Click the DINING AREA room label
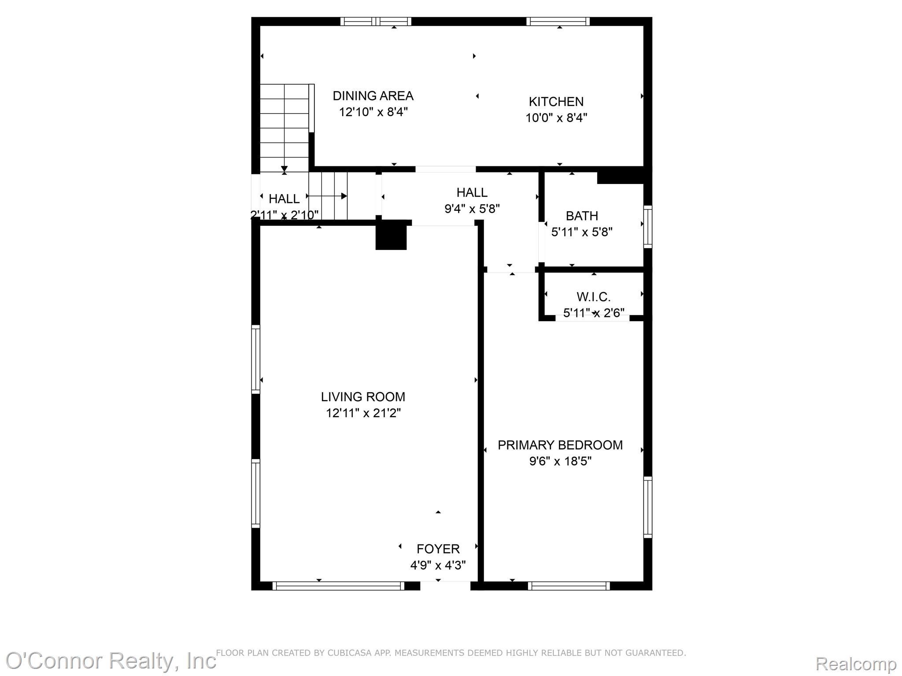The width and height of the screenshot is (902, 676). [373, 96]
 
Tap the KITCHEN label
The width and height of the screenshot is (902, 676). [556, 102]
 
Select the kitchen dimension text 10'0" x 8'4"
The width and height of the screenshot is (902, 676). [556, 118]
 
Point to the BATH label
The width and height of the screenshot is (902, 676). [582, 216]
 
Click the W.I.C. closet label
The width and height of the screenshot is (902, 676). [594, 297]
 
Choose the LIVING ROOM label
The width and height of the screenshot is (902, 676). [363, 397]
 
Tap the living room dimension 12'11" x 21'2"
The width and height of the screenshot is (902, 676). [363, 413]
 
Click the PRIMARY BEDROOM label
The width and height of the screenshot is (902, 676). [560, 445]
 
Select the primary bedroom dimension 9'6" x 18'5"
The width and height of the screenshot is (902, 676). [560, 461]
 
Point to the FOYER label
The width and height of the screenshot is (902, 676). [438, 549]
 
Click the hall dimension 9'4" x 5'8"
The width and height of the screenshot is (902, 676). [472, 209]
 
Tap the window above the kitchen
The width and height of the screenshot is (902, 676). [558, 21]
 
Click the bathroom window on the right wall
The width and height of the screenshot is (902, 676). [647, 226]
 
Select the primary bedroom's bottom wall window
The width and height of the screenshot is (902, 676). [569, 586]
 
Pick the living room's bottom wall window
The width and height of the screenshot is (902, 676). [338, 586]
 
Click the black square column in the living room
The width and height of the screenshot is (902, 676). [391, 235]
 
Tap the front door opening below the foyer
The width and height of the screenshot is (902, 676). [445, 586]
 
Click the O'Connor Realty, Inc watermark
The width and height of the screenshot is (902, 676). [111, 661]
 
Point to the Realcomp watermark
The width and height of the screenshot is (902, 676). [856, 664]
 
